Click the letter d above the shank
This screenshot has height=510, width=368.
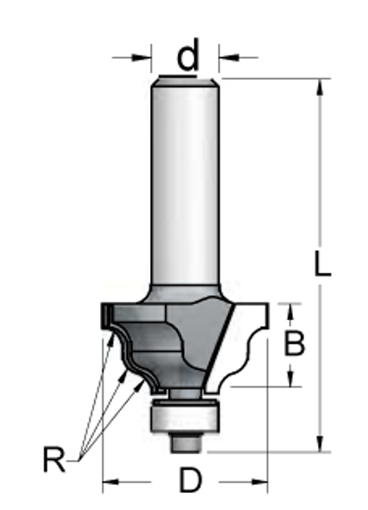188,54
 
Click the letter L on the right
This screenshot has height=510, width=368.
322,263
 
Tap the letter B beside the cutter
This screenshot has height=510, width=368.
294,343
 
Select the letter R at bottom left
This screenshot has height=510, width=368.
54,459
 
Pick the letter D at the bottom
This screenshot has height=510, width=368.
191,481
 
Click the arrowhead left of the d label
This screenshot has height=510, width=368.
141,57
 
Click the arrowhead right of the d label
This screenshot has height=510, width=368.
229,57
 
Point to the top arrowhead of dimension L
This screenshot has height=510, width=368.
320,87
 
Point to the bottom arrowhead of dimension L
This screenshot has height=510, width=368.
320,443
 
